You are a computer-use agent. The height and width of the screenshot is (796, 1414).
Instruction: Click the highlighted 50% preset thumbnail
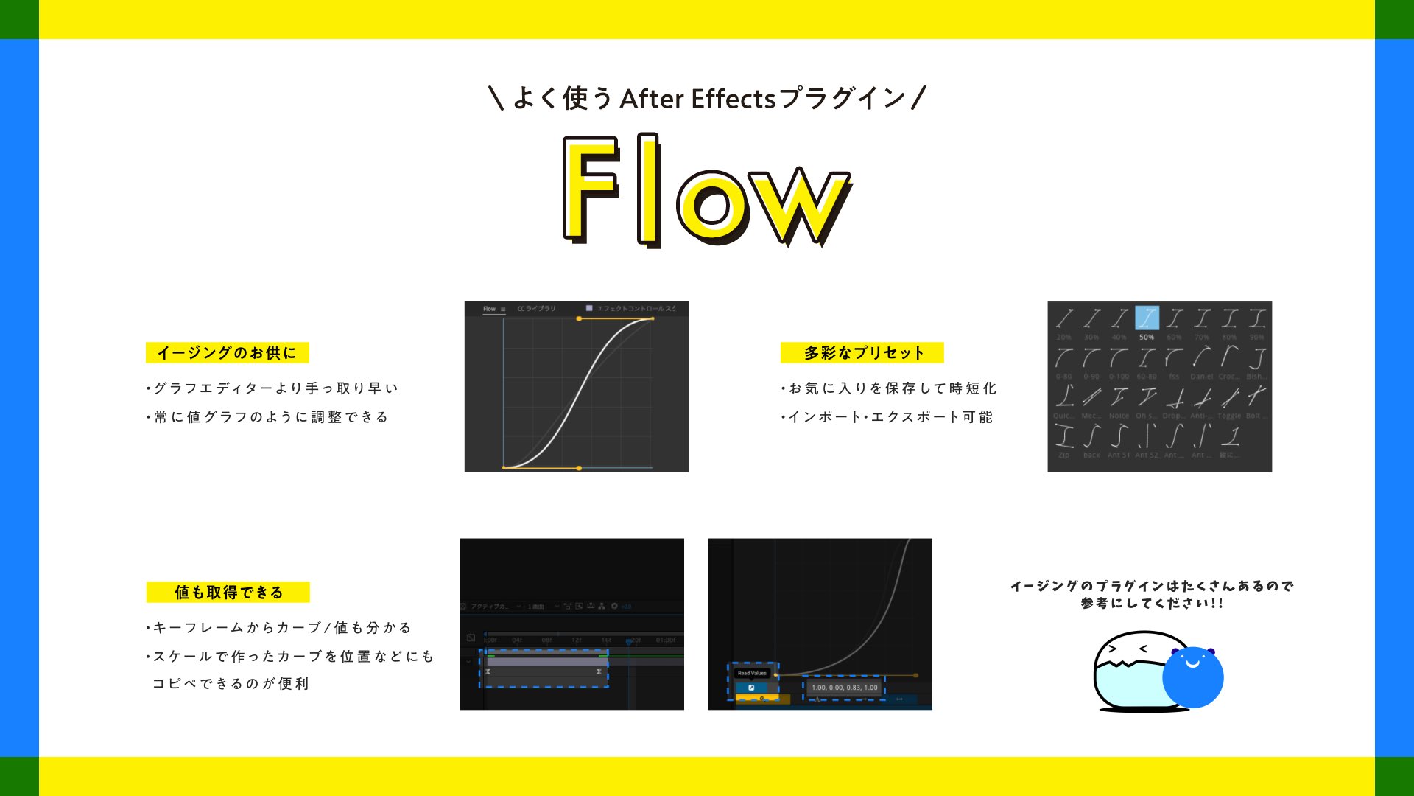[1147, 318]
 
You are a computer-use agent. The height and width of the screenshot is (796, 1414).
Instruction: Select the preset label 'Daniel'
[1201, 377]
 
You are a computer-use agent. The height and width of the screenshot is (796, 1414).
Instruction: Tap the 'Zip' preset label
[1063, 455]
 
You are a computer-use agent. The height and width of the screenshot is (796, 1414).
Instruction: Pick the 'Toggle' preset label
[1229, 416]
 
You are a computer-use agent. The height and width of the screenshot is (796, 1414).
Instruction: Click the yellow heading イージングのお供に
[227, 353]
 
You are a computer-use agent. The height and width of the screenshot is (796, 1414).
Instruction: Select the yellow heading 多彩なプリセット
[862, 353]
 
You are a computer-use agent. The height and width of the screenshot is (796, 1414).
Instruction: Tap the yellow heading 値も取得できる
[228, 593]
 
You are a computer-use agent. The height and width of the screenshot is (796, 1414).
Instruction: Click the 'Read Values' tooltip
[752, 673]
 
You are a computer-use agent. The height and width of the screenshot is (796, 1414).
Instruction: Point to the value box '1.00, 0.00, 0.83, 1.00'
[844, 688]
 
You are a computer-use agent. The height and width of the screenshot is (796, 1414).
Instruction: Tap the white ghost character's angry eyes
[1128, 649]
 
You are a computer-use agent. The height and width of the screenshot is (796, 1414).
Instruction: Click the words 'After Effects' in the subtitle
[697, 99]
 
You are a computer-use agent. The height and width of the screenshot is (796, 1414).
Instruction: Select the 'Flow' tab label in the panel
[489, 309]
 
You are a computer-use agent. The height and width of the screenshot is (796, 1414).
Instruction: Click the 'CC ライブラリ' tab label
[536, 309]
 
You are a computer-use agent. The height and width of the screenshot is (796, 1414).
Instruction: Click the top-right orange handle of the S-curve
[653, 318]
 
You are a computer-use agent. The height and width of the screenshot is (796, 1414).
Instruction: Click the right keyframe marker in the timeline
[599, 672]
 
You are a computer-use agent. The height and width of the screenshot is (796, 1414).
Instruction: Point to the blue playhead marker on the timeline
[629, 642]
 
